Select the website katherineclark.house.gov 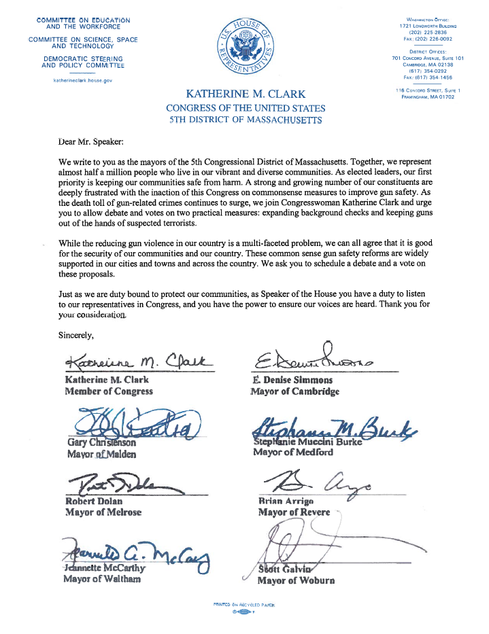[83, 80]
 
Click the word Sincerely [80, 334]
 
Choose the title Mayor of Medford [288, 452]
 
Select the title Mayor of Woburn [296, 581]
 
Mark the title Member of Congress [109, 391]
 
